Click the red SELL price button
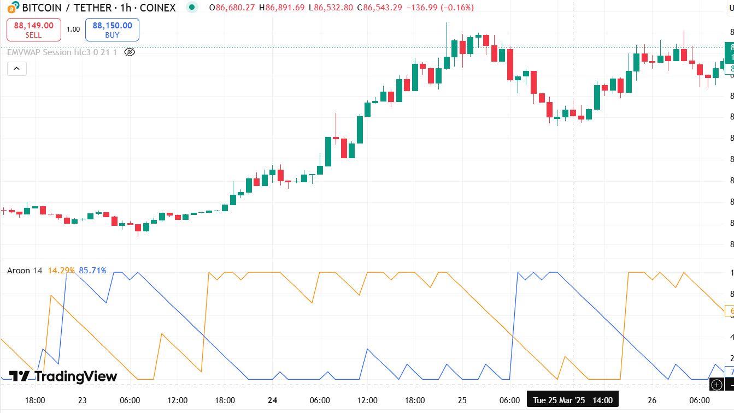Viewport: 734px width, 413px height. tap(33, 29)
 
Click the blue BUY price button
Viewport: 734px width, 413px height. tap(112, 29)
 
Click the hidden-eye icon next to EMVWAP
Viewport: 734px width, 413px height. tap(130, 52)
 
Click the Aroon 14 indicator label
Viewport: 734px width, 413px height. tap(25, 271)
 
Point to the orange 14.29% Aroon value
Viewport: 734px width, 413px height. tap(61, 271)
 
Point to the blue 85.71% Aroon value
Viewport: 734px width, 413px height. tap(93, 271)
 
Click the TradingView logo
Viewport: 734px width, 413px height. tap(63, 376)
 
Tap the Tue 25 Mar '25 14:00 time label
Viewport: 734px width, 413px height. tap(572, 400)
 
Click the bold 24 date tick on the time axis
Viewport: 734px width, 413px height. tap(273, 400)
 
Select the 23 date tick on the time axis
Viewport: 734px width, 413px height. tap(82, 400)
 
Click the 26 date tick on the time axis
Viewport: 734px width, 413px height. tap(652, 400)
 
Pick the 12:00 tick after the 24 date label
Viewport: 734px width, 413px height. tap(367, 400)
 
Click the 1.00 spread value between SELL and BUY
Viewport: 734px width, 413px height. tap(73, 29)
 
